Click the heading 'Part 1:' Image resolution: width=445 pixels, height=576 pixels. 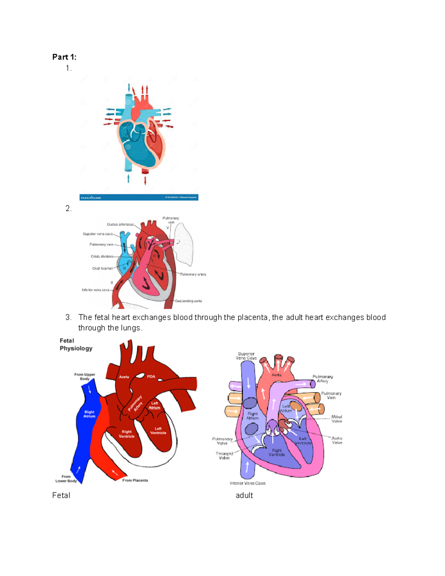pyautogui.click(x=64, y=57)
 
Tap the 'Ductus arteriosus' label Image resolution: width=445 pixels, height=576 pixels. pyautogui.click(x=120, y=224)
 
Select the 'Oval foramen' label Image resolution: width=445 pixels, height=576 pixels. pyautogui.click(x=103, y=268)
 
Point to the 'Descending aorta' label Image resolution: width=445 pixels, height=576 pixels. pyautogui.click(x=188, y=301)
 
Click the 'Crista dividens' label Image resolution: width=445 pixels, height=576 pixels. pyautogui.click(x=102, y=256)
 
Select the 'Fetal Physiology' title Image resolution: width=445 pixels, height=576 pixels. pyautogui.click(x=76, y=345)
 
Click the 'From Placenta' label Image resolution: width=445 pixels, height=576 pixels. pyautogui.click(x=135, y=480)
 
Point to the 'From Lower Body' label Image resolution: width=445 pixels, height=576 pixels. pyautogui.click(x=66, y=479)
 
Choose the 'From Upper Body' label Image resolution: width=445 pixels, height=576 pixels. pyautogui.click(x=85, y=376)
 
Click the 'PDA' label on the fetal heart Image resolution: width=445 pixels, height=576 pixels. pyautogui.click(x=151, y=376)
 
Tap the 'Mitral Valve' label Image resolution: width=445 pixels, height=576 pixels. pyautogui.click(x=337, y=419)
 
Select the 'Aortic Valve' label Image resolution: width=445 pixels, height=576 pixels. pyautogui.click(x=337, y=440)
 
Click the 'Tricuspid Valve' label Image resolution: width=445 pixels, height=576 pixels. pyautogui.click(x=224, y=455)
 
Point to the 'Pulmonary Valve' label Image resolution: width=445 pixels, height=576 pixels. pyautogui.click(x=222, y=441)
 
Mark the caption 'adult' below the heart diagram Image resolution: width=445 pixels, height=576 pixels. pyautogui.click(x=244, y=496)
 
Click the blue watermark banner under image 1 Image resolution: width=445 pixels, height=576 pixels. pyautogui.click(x=139, y=197)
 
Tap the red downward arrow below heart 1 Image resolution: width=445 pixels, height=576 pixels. pyautogui.click(x=145, y=180)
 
